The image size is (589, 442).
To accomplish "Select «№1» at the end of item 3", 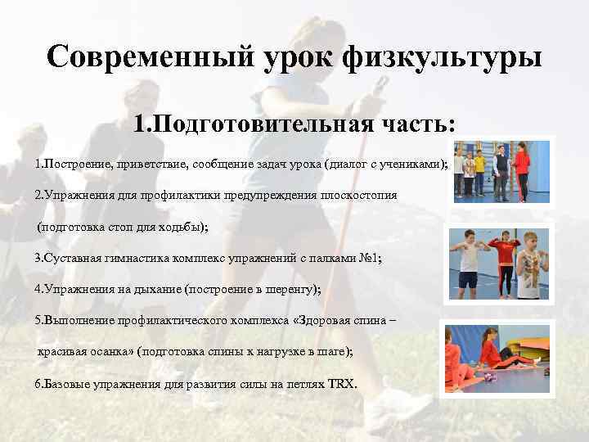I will [371, 258].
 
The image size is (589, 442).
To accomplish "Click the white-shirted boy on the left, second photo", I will [468, 260].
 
